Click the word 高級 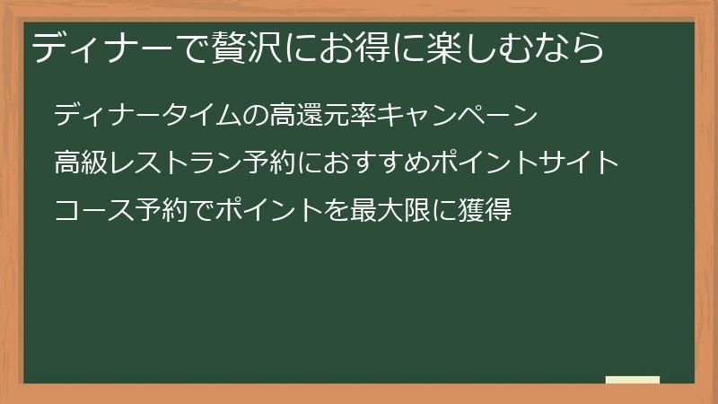(80, 163)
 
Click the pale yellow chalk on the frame (633, 380)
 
